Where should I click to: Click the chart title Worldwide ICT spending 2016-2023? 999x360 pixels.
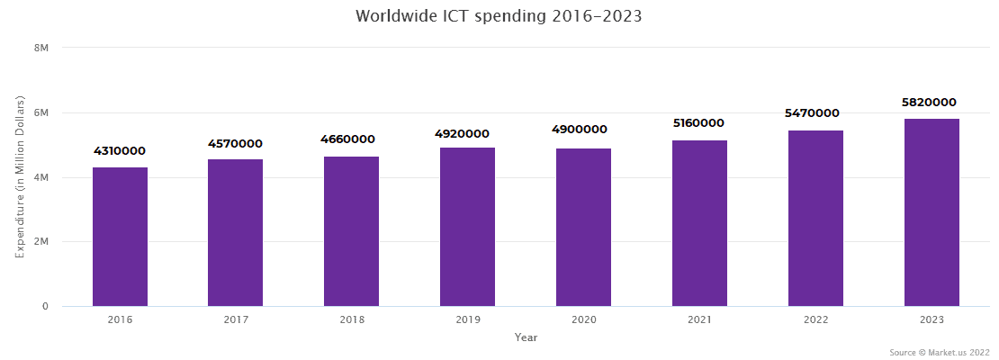pos(499,16)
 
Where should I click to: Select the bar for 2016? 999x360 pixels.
pos(120,237)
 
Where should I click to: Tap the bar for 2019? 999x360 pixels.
pos(467,227)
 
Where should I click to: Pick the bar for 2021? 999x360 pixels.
pos(699,223)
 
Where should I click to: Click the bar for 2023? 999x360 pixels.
pos(931,212)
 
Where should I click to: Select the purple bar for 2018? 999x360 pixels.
pos(351,231)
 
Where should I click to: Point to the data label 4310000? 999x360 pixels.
pos(120,151)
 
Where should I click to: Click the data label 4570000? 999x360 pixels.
pos(235,143)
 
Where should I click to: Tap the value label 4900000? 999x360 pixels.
pos(583,130)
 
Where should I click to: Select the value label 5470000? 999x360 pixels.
pos(815,113)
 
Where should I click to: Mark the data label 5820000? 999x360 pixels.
pos(931,103)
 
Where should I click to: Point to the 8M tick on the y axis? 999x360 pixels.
pos(40,47)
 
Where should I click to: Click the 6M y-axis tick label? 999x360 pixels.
pos(40,112)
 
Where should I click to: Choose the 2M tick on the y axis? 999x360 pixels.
pos(40,242)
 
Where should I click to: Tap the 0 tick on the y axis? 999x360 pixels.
pos(44,307)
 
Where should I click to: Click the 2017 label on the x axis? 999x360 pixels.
pos(235,319)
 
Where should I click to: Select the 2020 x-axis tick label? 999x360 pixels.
pos(583,319)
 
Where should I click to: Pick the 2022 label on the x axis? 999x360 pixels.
pos(815,319)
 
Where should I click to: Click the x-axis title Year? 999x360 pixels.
pos(526,337)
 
